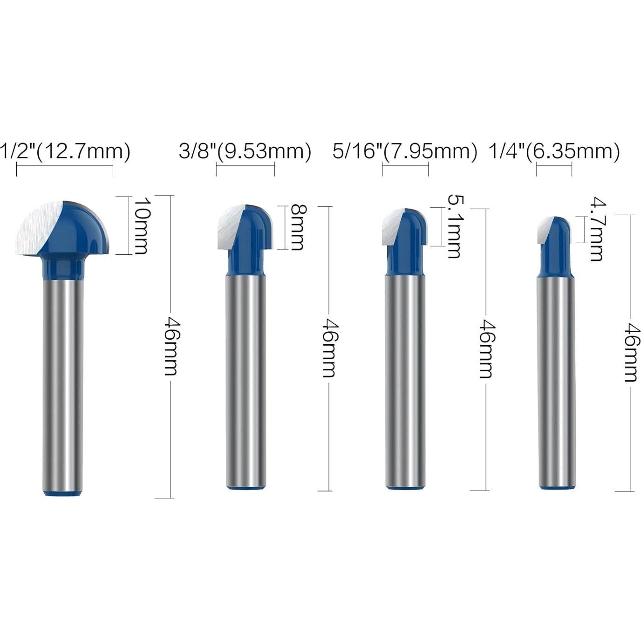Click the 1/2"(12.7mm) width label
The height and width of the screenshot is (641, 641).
tap(65, 152)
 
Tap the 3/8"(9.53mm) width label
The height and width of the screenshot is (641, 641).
tap(245, 152)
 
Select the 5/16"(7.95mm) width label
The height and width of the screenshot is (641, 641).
tap(405, 152)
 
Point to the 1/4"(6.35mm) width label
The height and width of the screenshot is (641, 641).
tap(554, 152)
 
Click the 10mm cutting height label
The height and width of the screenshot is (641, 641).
tap(141, 225)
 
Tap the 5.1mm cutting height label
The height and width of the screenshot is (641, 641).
tap(454, 226)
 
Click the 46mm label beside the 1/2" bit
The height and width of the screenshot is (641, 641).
tap(171, 346)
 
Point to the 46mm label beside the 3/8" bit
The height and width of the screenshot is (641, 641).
tap(330, 348)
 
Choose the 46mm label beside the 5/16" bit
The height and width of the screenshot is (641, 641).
tap(486, 349)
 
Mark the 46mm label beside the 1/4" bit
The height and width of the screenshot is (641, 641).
tap(631, 352)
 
